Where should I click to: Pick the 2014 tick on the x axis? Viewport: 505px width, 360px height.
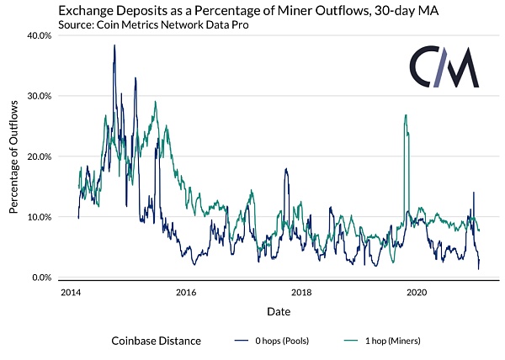coord(71,292)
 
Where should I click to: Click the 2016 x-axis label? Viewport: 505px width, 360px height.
coord(186,292)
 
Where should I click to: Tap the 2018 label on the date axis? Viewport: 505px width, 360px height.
coord(300,292)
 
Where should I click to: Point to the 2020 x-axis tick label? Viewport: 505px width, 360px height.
coord(416,292)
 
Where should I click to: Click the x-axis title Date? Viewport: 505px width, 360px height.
coord(279,311)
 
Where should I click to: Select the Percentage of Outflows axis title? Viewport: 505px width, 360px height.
coord(14,157)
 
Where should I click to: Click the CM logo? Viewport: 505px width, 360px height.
coord(444,67)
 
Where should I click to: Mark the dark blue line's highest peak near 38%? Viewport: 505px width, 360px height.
coord(114,45)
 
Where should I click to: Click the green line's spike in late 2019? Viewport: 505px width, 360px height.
coord(406,115)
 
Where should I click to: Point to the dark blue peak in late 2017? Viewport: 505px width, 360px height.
coord(286,169)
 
